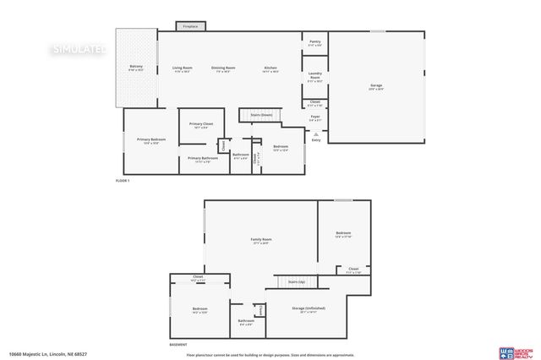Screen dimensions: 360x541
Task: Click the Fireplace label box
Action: [190, 27]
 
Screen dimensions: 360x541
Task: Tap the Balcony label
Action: [136, 68]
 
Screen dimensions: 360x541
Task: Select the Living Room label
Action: [183, 68]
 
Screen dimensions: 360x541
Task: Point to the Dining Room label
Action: [223, 68]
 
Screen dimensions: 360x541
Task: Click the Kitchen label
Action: [270, 68]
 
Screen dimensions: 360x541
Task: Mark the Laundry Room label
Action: [315, 75]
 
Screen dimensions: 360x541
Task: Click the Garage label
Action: [376, 86]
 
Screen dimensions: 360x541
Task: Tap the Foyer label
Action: [315, 117]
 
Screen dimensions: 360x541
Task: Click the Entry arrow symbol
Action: [315, 134]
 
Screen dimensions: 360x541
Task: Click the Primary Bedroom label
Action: [152, 140]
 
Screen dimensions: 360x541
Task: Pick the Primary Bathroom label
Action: [203, 159]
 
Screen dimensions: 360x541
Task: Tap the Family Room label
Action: [261, 241]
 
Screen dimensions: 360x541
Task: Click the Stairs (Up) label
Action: [296, 281]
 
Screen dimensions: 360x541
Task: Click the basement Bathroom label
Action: [246, 321]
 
